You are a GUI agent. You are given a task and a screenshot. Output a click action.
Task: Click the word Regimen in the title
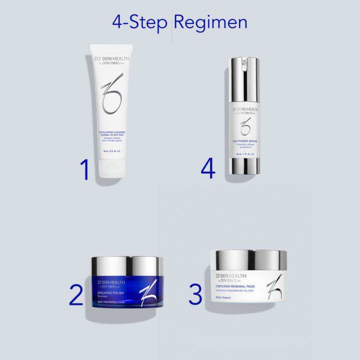pos(210,23)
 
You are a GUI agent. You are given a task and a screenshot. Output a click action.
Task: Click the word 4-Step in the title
pos(139,23)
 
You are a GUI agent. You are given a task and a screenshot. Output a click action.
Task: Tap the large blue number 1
pos(85,170)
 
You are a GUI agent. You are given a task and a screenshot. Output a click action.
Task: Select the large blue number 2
pos(76,295)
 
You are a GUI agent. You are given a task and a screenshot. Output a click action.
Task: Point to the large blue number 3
pos(195,294)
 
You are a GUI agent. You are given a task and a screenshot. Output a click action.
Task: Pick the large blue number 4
pos(208,169)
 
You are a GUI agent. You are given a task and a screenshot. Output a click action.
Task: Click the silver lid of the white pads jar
pos(248,260)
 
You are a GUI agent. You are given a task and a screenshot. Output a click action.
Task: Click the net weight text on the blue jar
pos(111,302)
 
